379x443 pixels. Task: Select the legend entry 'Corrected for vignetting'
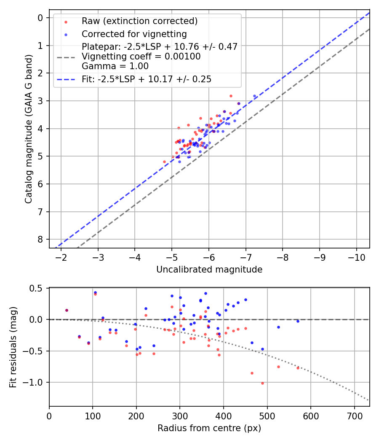tap(134, 34)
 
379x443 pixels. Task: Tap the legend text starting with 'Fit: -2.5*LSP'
tap(146, 79)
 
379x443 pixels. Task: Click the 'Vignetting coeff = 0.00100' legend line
tap(141, 57)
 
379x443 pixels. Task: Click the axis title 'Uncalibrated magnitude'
tap(209, 270)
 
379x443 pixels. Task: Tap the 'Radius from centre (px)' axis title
tap(209, 428)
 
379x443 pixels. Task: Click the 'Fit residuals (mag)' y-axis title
tap(13, 347)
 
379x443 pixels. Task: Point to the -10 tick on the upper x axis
tap(356, 257)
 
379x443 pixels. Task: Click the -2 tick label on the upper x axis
tap(61, 257)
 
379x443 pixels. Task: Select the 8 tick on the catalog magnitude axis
tap(40, 239)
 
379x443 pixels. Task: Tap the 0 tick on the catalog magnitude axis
tap(40, 18)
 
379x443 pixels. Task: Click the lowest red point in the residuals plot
tap(262, 383)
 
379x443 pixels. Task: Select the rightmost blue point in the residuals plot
tap(298, 321)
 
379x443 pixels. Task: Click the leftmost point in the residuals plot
tap(67, 310)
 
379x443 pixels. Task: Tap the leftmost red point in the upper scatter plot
tap(164, 162)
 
